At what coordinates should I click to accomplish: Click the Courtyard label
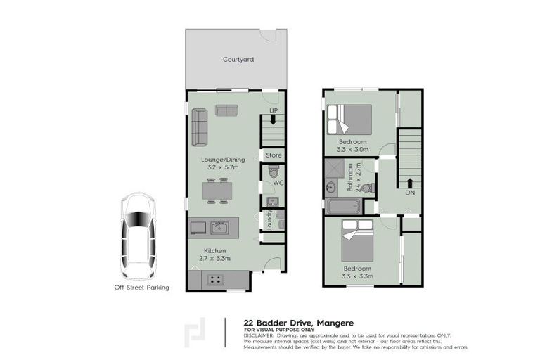238,60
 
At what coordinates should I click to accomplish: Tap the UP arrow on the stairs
273,119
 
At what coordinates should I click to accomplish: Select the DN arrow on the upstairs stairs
409,184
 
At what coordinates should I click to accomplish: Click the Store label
274,155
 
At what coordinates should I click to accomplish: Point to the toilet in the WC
274,173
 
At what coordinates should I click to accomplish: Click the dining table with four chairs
217,191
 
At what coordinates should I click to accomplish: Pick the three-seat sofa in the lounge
200,127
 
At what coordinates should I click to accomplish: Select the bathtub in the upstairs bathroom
344,206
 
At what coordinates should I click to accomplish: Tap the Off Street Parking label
142,287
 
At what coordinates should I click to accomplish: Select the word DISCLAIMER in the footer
259,335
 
